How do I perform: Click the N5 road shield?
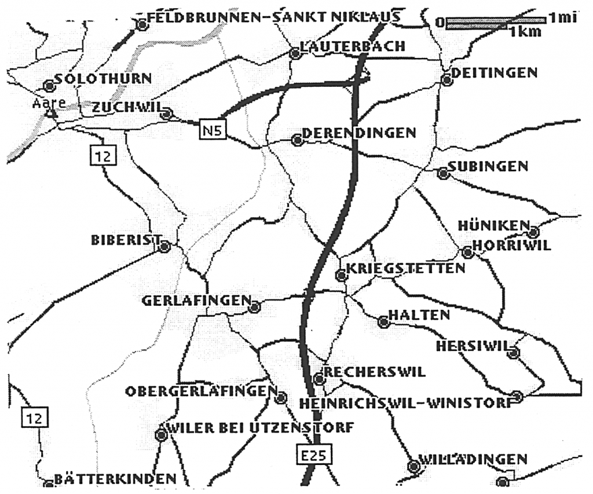[x=211, y=129]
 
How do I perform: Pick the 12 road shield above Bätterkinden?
[x=34, y=417]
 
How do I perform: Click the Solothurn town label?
[x=103, y=79]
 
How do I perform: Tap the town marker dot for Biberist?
[x=164, y=247]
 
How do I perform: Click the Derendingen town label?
[x=358, y=133]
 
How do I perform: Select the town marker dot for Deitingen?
[x=446, y=80]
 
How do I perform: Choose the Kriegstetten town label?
[x=405, y=268]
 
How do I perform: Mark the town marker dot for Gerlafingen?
[x=254, y=308]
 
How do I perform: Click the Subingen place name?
[x=488, y=167]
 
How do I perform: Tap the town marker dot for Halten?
[x=383, y=322]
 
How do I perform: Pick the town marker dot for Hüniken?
[x=534, y=232]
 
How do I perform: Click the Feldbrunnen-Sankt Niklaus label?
[x=274, y=17]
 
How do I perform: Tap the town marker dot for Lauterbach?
[x=295, y=54]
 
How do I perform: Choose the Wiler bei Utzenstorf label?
[x=260, y=428]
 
